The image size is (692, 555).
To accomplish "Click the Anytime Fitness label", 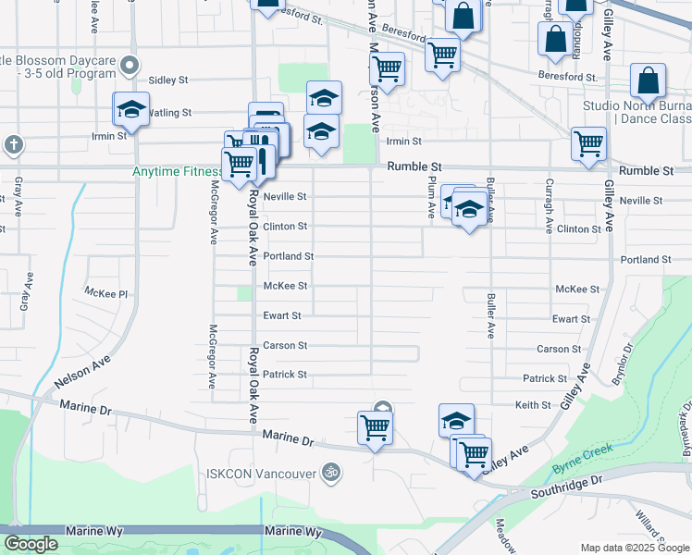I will (x=178, y=171).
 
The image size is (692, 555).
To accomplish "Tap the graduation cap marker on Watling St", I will (x=131, y=109).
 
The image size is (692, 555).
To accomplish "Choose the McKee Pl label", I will (x=105, y=291).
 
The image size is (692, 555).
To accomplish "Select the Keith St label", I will (x=533, y=405).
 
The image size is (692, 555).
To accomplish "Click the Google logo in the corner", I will (x=31, y=544).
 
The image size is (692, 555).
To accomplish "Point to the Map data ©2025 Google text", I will (x=634, y=548).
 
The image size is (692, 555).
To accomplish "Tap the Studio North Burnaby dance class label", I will (x=637, y=112).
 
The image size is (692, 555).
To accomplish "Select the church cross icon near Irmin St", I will (x=13, y=145).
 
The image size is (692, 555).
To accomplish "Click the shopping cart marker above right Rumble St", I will (x=588, y=144).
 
